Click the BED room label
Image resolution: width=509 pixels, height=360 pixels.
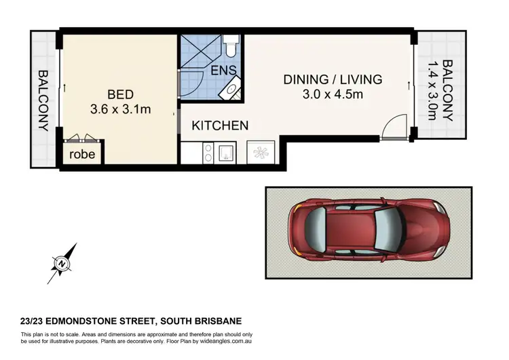[x=119, y=94]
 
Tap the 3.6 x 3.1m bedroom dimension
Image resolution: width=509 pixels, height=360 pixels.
[x=119, y=108]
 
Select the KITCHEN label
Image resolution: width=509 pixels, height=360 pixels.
[x=219, y=126]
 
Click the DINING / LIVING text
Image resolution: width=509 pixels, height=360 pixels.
[x=333, y=79]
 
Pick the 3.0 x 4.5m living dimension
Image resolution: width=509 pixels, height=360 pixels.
[x=333, y=94]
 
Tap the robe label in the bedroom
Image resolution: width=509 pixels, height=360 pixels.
[x=83, y=154]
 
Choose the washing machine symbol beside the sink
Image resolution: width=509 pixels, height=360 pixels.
[x=261, y=153]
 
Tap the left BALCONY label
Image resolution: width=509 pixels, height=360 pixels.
[x=42, y=100]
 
